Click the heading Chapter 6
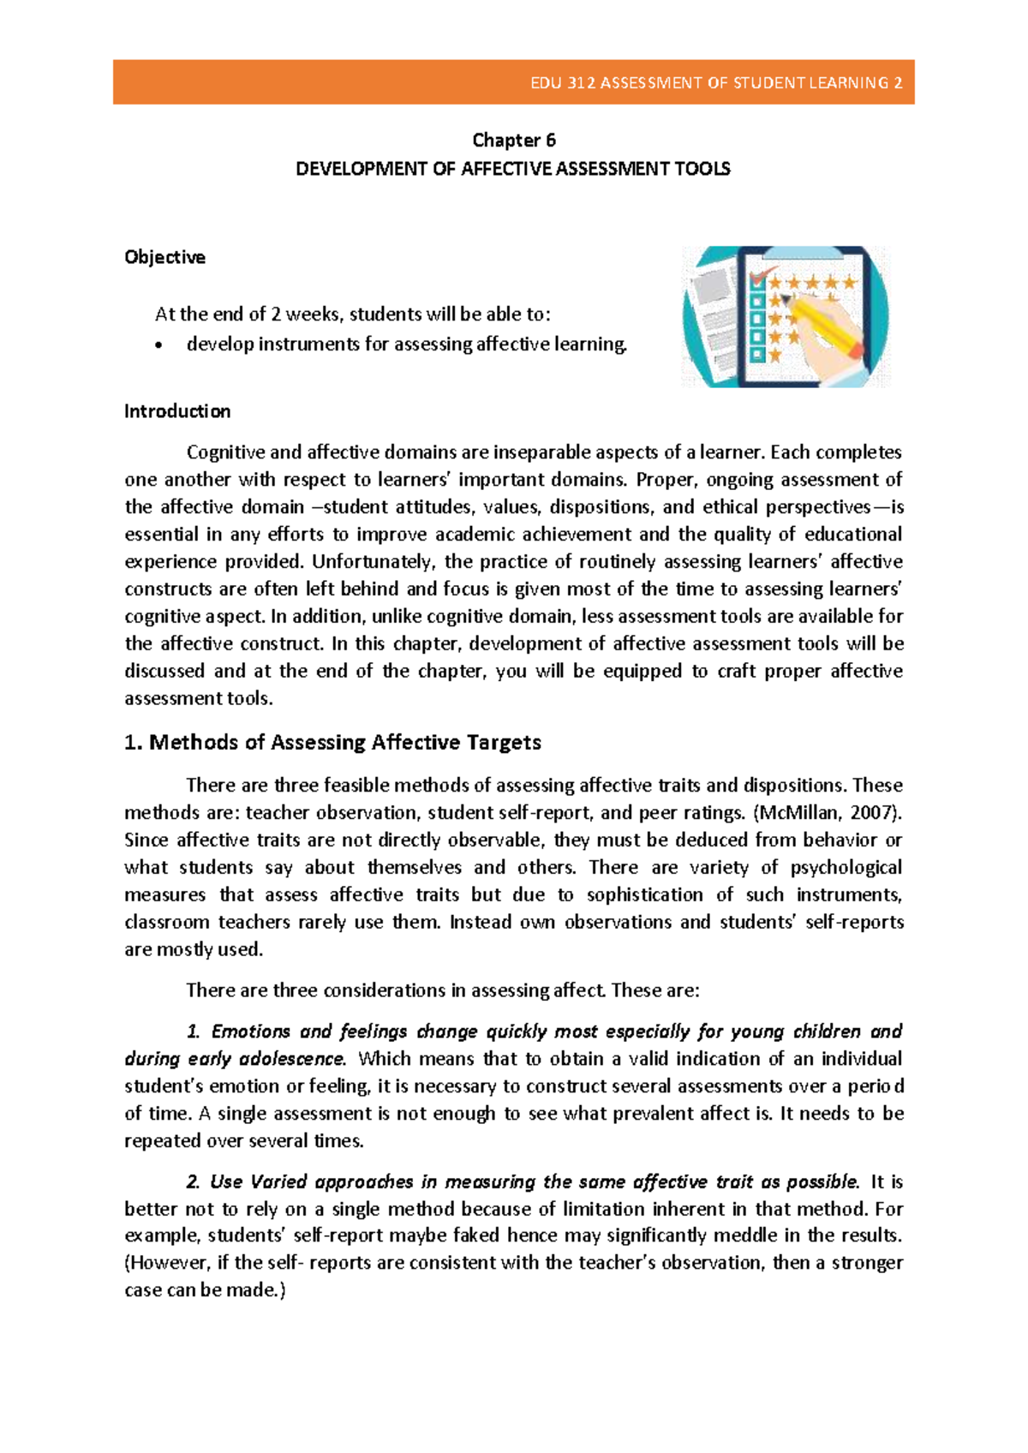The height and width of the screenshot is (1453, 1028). point(514,140)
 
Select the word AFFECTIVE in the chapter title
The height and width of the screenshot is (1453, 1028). point(505,169)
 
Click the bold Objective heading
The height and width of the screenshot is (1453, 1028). point(164,257)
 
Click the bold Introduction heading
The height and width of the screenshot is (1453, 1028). point(177,411)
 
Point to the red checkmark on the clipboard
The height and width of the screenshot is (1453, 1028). point(759,276)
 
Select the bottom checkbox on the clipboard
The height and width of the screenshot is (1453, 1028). point(757,355)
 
